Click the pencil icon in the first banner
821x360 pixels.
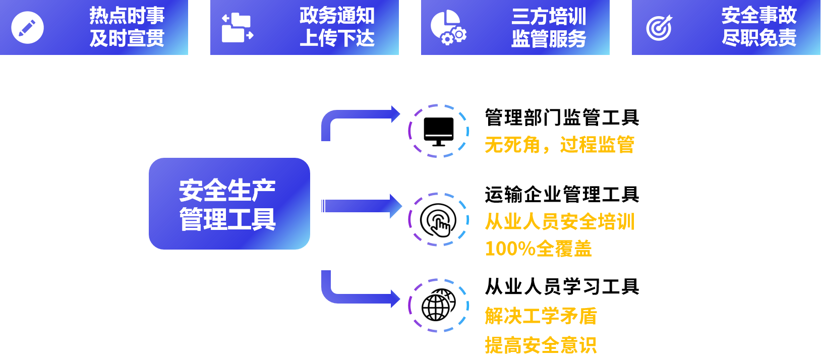[x=27, y=27]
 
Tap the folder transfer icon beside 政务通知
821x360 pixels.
[x=237, y=28]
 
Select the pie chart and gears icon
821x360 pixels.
[x=448, y=27]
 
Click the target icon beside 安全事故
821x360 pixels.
[x=659, y=27]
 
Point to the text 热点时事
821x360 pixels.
[x=127, y=16]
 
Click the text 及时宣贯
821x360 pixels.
[x=127, y=38]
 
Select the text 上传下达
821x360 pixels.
[x=337, y=38]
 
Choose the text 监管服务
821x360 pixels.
[x=549, y=39]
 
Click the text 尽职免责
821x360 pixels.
[x=759, y=38]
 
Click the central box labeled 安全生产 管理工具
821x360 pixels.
[x=229, y=204]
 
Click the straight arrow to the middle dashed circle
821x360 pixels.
[x=361, y=206]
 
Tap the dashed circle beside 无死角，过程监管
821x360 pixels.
[x=438, y=131]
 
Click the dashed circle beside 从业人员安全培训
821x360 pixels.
[x=438, y=219]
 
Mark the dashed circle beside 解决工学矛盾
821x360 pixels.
[x=438, y=306]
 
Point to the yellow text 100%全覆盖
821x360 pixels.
[x=538, y=249]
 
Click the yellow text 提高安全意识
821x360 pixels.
[x=541, y=345]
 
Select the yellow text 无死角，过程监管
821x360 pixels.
[x=559, y=145]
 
